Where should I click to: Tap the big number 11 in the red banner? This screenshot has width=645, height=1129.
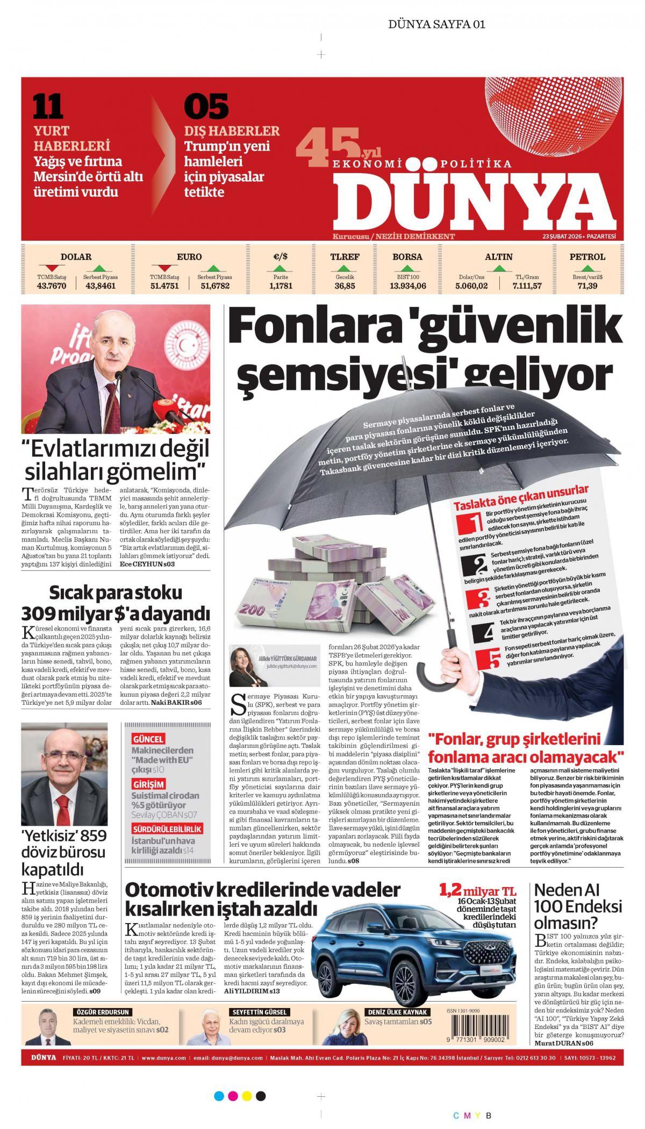pyautogui.click(x=48, y=106)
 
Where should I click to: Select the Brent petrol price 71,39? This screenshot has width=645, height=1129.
pyautogui.click(x=587, y=286)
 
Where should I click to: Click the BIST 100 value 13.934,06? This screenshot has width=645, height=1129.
pyautogui.click(x=407, y=286)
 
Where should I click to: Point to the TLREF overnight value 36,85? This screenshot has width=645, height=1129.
pyautogui.click(x=345, y=286)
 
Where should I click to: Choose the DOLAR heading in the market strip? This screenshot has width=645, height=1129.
pyautogui.click(x=76, y=257)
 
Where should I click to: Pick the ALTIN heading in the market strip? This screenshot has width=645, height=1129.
pyautogui.click(x=498, y=257)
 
